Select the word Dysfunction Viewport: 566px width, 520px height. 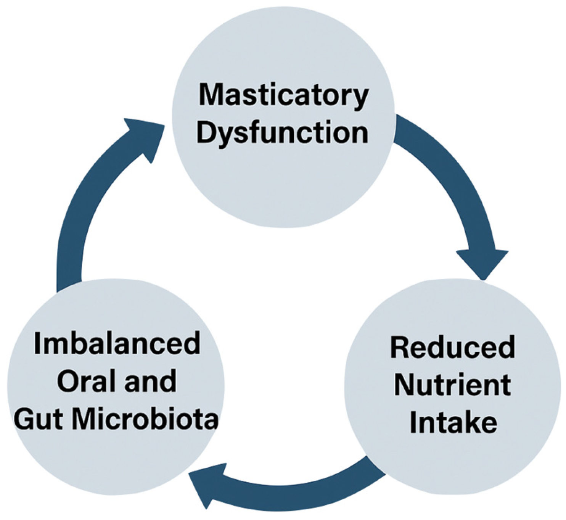point(282,132)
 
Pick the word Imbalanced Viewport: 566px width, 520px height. point(117,343)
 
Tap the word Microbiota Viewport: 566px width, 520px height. point(145,419)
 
